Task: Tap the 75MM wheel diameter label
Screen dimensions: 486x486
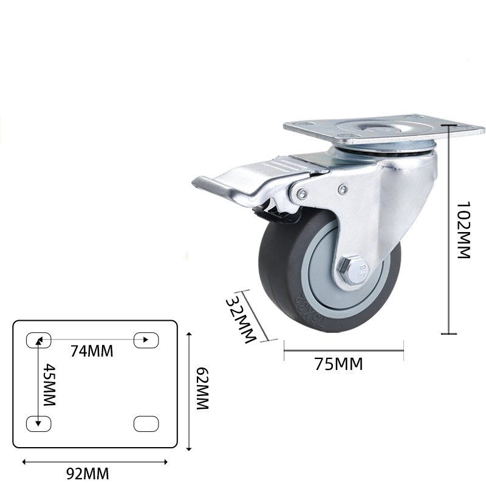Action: [338, 364]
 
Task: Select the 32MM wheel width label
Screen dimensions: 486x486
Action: [239, 320]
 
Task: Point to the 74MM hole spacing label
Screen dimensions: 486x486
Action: [92, 351]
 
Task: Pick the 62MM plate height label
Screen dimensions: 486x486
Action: [202, 389]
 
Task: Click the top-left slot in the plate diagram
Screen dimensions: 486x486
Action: [38, 340]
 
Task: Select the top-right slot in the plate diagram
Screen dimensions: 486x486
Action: [146, 340]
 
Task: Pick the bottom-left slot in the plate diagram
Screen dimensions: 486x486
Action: [38, 423]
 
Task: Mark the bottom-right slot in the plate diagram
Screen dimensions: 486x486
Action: [146, 423]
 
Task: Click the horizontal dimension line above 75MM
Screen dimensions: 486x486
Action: [343, 349]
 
